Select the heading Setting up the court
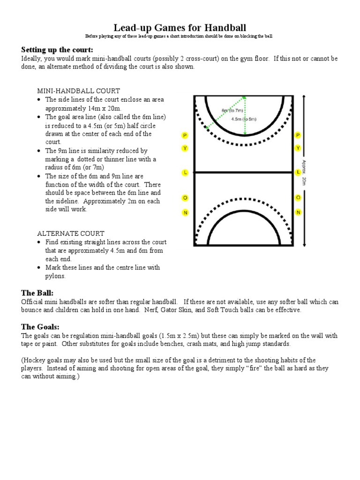coord(57,50)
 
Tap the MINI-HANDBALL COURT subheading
coord(79,90)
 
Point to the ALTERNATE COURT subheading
coord(71,233)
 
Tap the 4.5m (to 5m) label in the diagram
coord(244,119)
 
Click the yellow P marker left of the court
coord(185,135)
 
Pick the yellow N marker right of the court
coord(298,212)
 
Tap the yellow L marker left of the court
coord(185,172)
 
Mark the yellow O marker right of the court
coord(298,198)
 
